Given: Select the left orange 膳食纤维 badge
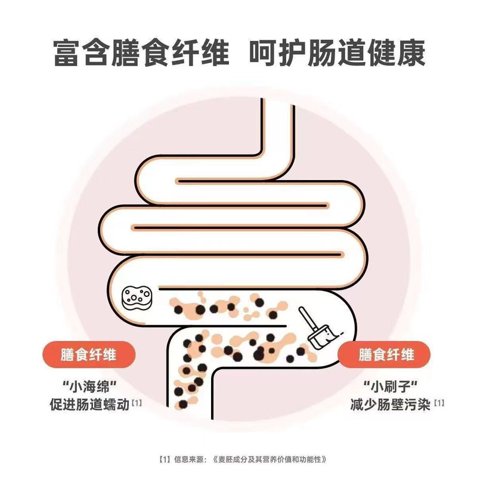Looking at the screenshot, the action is click(x=89, y=356).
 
